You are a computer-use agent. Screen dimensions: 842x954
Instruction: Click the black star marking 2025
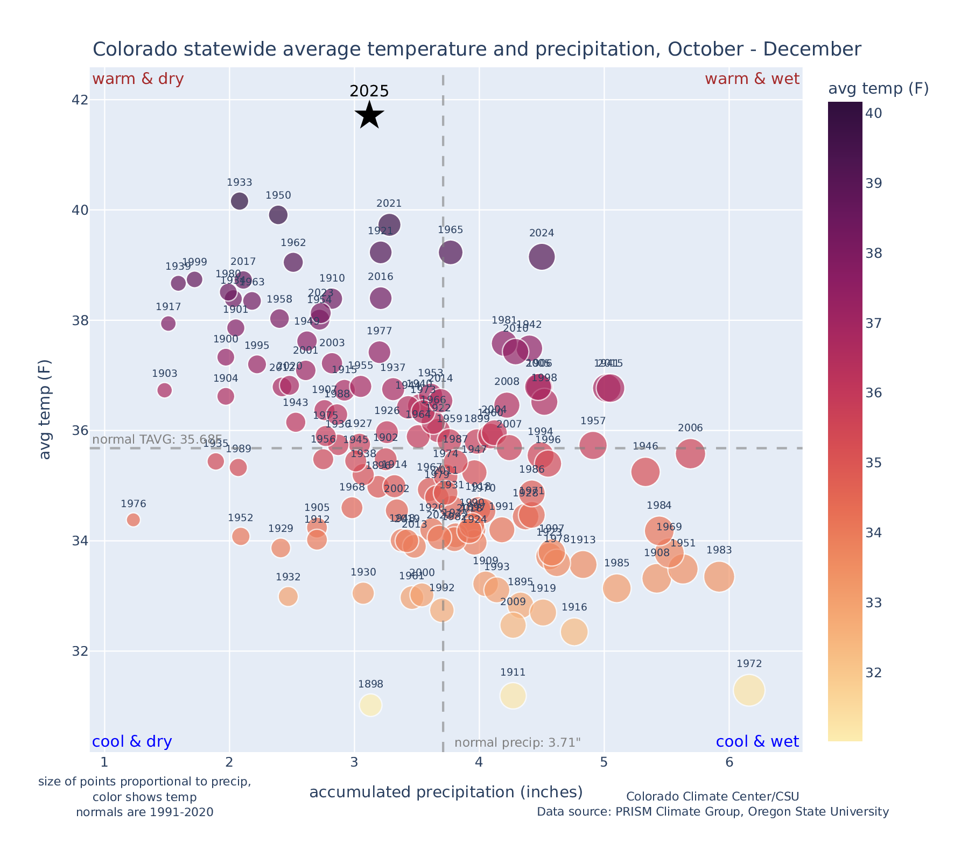pos(369,115)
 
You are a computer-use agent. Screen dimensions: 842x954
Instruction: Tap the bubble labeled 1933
pos(240,201)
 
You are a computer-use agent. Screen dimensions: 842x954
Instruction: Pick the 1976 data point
pos(134,520)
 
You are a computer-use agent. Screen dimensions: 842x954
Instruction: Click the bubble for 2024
pos(542,257)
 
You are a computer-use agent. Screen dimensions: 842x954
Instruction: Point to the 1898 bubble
pos(370,705)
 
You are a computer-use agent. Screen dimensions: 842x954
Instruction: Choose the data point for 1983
pos(719,577)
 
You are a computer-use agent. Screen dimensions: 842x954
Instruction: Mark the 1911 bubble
pos(513,696)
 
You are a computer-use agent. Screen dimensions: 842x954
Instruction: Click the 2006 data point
pos(690,453)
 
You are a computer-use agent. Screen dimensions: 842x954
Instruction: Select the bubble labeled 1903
pos(165,390)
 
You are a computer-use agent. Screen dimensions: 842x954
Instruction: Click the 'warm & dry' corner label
pos(138,79)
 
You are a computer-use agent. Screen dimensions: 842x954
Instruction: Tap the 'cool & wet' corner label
pos(757,742)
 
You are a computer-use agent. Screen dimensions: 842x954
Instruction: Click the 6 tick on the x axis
pos(729,763)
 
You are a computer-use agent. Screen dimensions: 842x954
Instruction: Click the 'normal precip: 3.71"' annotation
pos(517,743)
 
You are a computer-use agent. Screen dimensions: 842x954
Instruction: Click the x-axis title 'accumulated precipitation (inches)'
pos(446,792)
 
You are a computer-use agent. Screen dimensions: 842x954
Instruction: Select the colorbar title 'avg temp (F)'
pos(878,89)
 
